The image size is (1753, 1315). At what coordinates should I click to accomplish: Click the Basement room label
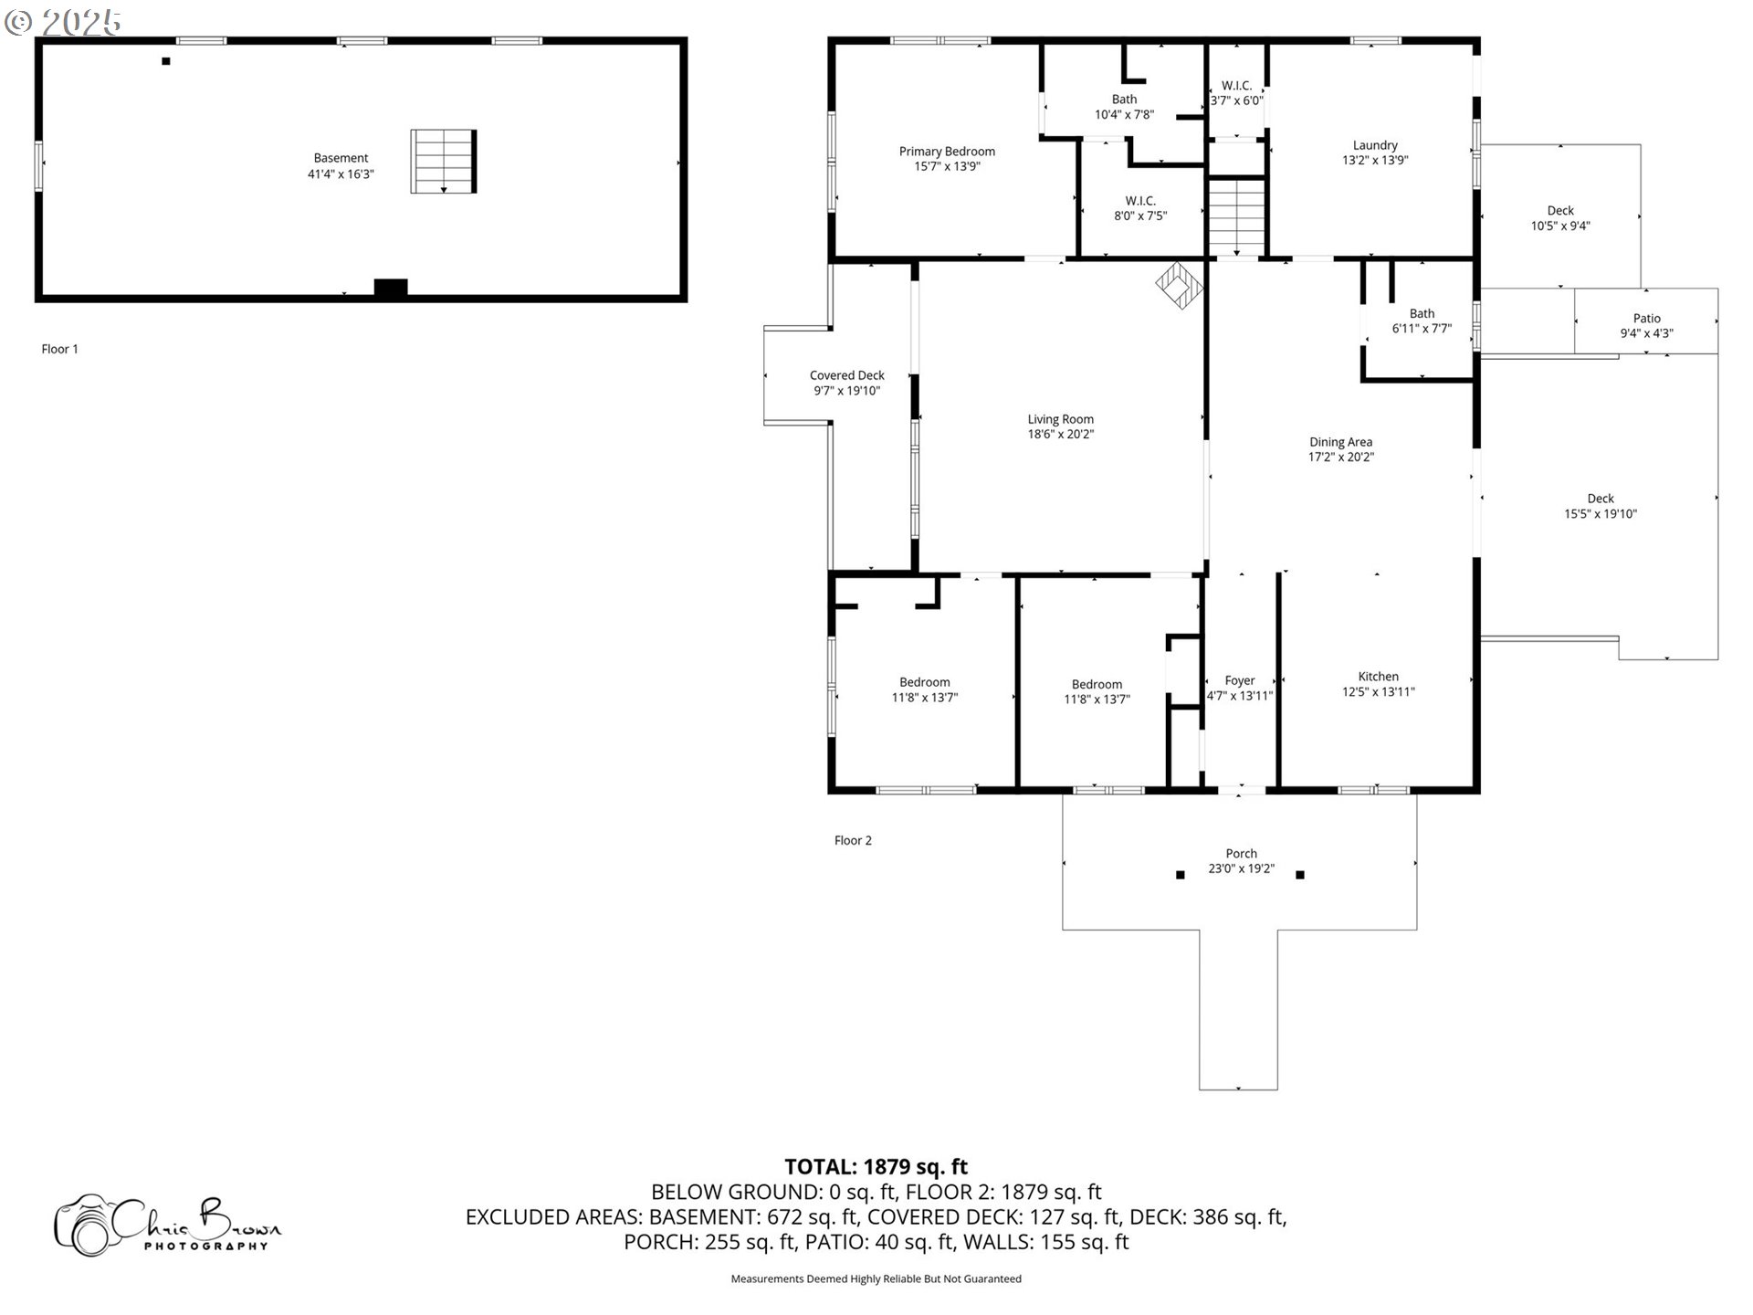click(341, 158)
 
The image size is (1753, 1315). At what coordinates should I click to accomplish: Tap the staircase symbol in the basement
click(444, 162)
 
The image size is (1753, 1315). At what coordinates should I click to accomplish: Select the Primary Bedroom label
click(947, 152)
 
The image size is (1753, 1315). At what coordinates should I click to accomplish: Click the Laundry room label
click(1375, 145)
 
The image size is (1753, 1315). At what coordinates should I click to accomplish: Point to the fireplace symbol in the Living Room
click(1179, 285)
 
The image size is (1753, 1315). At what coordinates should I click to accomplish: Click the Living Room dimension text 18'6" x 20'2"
click(1060, 435)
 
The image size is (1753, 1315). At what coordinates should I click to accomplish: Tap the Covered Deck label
click(846, 375)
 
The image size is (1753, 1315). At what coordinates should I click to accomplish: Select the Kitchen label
click(1378, 677)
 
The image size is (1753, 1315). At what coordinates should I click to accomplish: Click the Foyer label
click(1239, 680)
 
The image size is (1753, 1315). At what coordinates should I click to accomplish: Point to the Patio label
click(1646, 319)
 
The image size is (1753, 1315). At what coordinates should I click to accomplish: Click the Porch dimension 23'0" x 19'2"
click(1241, 869)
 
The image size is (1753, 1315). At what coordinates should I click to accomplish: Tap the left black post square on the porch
click(1180, 875)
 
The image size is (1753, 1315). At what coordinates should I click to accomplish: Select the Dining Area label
click(1340, 442)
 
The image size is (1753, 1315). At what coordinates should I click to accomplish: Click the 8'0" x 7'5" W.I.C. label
click(1140, 208)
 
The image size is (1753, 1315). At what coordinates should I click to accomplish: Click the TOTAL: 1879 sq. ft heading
click(876, 1166)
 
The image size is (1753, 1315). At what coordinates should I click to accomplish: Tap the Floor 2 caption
click(853, 840)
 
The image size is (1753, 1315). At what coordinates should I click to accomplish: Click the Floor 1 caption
click(60, 349)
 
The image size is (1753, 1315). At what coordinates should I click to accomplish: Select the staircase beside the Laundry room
click(1236, 217)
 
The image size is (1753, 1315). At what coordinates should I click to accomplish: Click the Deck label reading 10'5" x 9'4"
click(1559, 218)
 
